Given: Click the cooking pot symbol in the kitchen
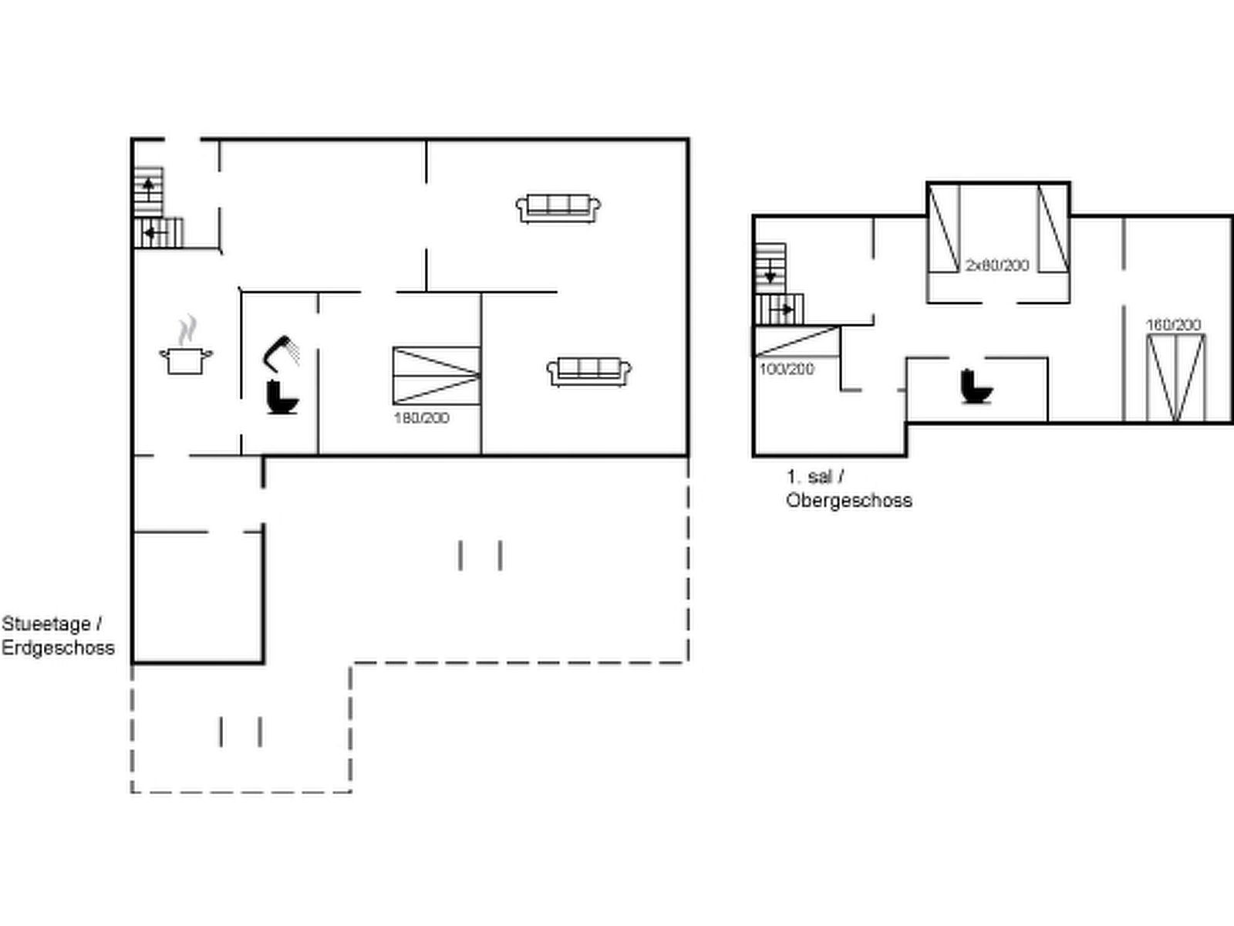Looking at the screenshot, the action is (x=186, y=360).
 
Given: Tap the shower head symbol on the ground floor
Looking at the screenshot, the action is (x=280, y=353).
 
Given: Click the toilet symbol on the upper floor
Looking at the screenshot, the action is (x=976, y=387).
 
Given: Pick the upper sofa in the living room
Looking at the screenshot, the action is (x=558, y=208).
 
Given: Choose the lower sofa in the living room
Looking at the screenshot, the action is (x=589, y=372).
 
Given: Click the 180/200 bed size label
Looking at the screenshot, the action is (x=422, y=418).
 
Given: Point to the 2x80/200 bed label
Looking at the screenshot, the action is (x=997, y=265).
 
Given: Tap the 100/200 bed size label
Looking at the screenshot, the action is (x=787, y=370).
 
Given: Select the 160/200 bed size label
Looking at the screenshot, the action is (x=1173, y=325).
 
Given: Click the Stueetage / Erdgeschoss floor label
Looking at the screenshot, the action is (x=58, y=636).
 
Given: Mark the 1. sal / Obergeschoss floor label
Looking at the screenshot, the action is (x=849, y=488).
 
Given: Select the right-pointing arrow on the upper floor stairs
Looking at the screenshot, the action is (x=781, y=309).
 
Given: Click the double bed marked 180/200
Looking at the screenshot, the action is (x=437, y=376).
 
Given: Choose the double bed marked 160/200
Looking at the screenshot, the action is (x=1175, y=378).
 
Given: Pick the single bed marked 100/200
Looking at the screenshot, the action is (x=797, y=341).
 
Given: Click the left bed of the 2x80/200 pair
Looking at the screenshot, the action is (x=943, y=228).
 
